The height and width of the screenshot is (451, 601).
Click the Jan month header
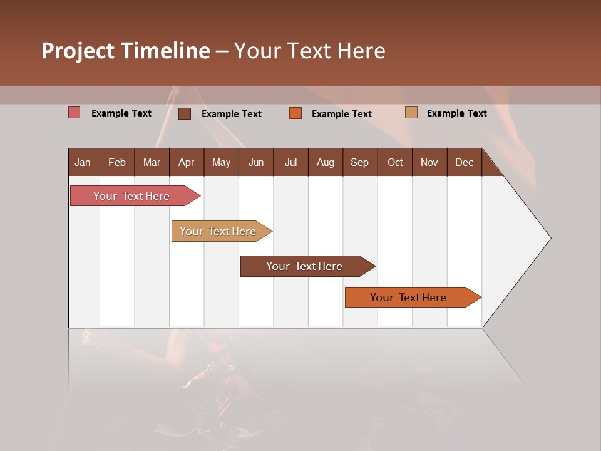tap(83, 162)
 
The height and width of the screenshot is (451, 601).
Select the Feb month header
tap(117, 162)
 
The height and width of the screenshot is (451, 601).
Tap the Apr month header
tap(186, 162)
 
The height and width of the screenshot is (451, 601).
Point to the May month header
tap(221, 162)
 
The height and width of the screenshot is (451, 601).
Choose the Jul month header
tap(290, 162)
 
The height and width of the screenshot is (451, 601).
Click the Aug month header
tap(325, 162)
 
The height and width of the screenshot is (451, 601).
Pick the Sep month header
tap(359, 162)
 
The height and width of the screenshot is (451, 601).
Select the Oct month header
tap(395, 162)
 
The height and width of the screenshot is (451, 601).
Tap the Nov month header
tap(429, 162)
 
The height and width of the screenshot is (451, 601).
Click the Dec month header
tap(464, 162)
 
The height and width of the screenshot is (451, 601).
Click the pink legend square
tap(74, 113)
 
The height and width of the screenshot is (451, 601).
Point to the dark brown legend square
tap(185, 113)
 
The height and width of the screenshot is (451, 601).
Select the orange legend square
tap(295, 113)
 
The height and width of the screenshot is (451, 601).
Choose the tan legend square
tap(411, 113)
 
